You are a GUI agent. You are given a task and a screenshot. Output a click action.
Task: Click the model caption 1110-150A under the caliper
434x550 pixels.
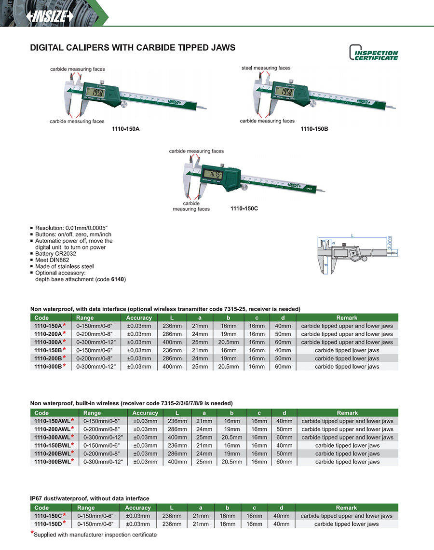[x=122, y=129]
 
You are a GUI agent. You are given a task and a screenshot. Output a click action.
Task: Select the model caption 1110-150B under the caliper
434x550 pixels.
[x=314, y=129]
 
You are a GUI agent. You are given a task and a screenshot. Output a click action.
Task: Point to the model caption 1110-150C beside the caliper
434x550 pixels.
[x=244, y=208]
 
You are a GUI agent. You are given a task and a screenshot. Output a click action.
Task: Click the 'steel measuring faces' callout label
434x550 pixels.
[x=266, y=68]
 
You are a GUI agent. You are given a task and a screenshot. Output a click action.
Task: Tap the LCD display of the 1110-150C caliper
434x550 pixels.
[x=212, y=175]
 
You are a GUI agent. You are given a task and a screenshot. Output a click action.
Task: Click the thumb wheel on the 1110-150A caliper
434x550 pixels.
[x=124, y=103]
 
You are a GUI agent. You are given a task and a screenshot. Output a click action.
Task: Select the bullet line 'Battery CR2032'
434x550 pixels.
[x=55, y=253]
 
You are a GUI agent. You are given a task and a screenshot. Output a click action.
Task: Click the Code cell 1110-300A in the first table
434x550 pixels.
[x=47, y=342]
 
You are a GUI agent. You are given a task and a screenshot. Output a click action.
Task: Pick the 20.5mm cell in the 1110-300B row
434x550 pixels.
[x=228, y=367]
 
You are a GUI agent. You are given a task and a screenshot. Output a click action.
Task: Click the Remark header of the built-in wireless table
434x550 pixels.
[x=347, y=412]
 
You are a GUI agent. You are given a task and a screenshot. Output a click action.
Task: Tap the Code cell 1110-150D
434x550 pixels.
[x=47, y=524]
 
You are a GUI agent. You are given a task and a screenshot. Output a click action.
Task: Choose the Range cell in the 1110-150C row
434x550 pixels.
[x=95, y=516]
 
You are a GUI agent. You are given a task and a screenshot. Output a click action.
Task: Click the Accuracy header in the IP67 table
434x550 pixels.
[x=138, y=508]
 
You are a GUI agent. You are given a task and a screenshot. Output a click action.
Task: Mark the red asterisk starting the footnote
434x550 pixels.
[x=32, y=533]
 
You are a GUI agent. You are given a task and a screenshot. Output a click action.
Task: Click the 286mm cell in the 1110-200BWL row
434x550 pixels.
[x=177, y=454]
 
